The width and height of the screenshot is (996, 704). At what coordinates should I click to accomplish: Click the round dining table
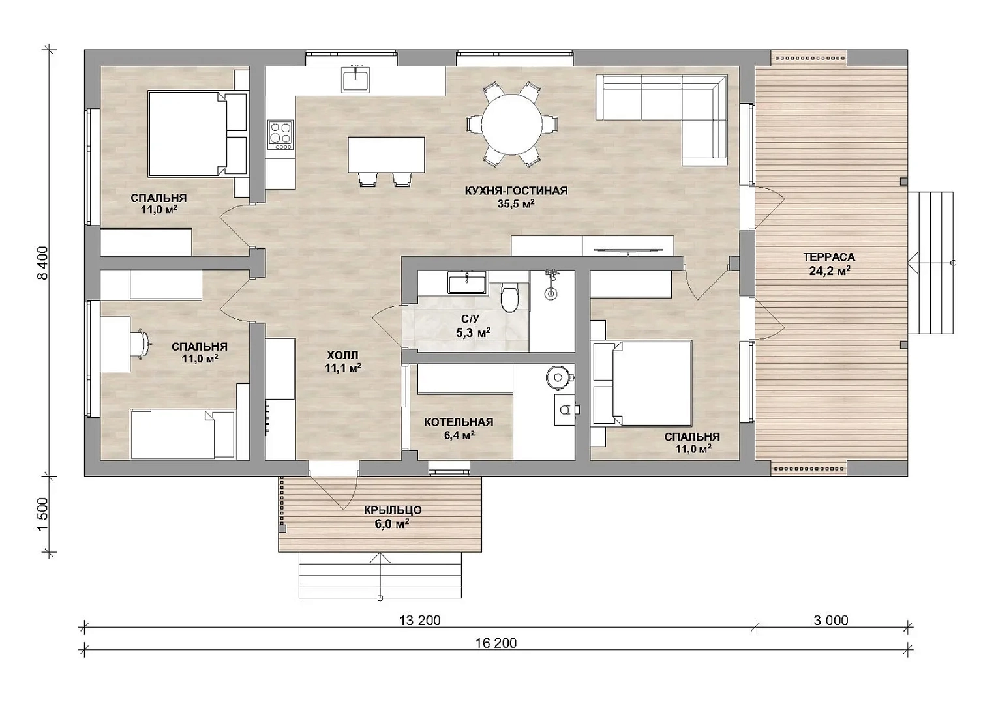point(511,125)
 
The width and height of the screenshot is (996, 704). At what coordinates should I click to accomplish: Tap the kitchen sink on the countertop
point(355,80)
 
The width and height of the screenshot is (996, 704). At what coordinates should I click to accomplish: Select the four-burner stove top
point(280,135)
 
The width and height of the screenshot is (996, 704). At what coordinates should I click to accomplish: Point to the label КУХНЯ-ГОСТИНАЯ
point(516,190)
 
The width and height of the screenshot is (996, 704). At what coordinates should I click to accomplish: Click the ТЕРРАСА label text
point(829,257)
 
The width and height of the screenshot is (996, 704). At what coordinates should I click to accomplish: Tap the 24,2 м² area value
point(830,271)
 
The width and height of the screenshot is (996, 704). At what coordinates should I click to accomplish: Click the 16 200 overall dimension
point(496,643)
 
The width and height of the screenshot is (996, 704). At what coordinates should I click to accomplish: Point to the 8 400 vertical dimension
point(42,263)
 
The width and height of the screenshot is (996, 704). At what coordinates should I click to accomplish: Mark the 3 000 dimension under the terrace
point(830,620)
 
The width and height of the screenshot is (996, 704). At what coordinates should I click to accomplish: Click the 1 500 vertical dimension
point(42,514)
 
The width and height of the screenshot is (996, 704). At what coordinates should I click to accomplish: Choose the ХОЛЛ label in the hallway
point(342,355)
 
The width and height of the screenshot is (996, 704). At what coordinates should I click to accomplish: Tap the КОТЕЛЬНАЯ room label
point(459,422)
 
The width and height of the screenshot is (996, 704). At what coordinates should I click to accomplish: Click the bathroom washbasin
point(467,283)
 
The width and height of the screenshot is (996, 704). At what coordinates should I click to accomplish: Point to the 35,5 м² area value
point(516,204)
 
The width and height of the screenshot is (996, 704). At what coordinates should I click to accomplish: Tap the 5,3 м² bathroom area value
point(473,332)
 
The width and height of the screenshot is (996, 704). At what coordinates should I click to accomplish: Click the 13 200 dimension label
point(419,620)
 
